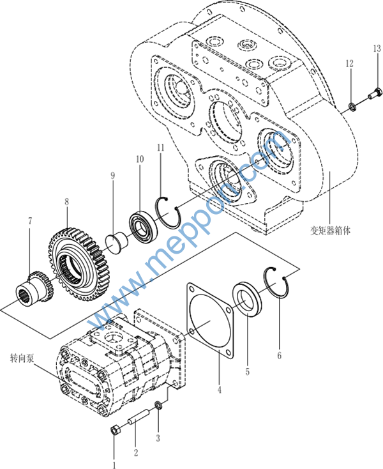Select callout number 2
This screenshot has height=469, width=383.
pyautogui.click(x=135, y=453)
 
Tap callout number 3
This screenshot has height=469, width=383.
pyautogui.click(x=158, y=438)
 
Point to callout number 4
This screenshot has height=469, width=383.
pyautogui.click(x=218, y=389)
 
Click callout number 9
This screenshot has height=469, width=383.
pyautogui.click(x=112, y=175)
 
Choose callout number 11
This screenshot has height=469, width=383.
pyautogui.click(x=160, y=148)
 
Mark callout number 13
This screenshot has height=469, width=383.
pyautogui.click(x=376, y=49)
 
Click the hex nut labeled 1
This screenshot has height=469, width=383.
pyautogui.click(x=115, y=429)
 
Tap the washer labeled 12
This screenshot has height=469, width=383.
pyautogui.click(x=353, y=106)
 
